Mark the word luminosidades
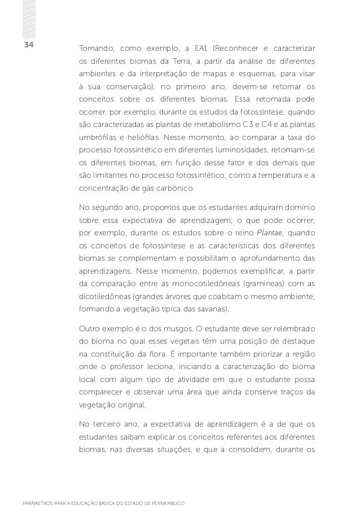pyautogui.click(x=255, y=149)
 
